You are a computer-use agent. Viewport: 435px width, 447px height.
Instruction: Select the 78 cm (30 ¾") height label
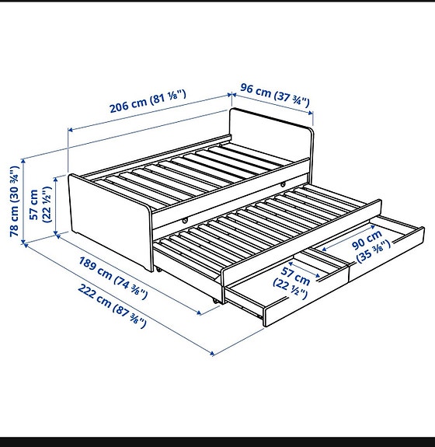13,200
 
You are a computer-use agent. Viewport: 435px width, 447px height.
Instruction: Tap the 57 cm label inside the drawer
296,283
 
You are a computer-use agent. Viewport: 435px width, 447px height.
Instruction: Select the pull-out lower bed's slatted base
256,225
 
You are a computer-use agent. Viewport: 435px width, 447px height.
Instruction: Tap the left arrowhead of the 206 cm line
68,130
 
